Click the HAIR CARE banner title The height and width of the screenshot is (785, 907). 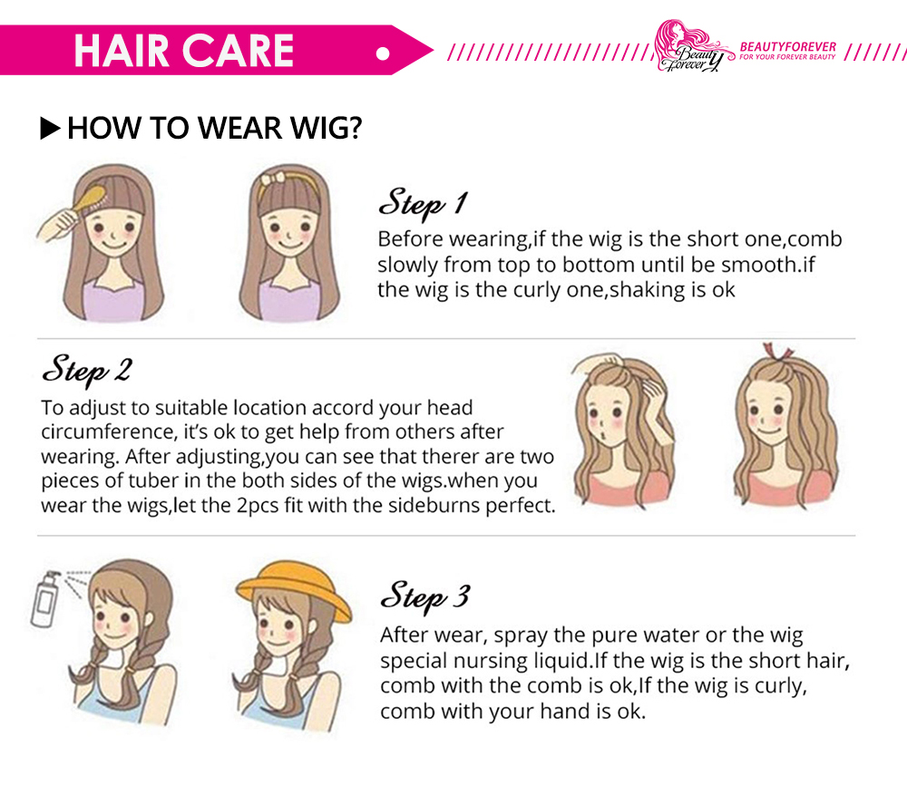point(184,50)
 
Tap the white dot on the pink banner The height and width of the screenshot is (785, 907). point(383,53)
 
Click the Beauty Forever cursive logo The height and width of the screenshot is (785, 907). point(692,46)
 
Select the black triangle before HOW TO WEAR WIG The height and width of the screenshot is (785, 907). point(50,128)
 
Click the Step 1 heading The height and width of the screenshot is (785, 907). point(423,203)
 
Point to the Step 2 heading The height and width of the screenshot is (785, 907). point(87,370)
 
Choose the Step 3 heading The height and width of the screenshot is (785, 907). point(425,596)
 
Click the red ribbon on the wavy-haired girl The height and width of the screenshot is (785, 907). point(777,351)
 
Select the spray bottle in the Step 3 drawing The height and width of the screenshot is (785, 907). point(46,599)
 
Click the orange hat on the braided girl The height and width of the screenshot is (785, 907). point(294,589)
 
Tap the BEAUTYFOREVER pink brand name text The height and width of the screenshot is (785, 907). point(788,47)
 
